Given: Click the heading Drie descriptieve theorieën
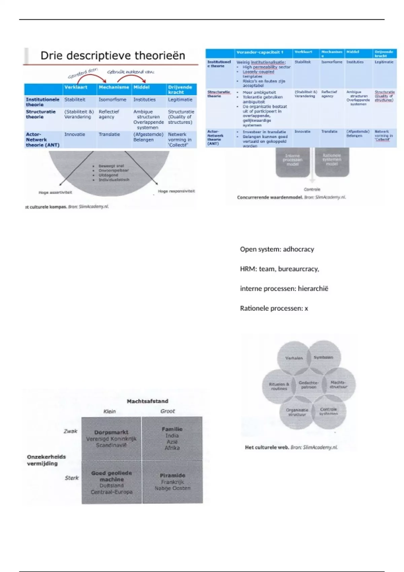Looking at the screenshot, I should coord(113,56).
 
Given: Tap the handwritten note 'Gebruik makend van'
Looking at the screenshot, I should coord(131,72).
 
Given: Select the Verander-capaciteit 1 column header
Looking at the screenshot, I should coord(260,52).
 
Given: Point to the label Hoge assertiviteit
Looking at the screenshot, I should coord(55,192).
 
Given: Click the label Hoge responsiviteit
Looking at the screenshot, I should coord(176,191).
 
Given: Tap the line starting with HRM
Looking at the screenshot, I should coord(279,269).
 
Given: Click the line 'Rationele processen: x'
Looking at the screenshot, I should coord(274,308).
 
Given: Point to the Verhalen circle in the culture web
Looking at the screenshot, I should coord(294,358).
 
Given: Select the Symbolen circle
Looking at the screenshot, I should coord(324,357).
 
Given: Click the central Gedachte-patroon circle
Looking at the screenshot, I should coord(308,385).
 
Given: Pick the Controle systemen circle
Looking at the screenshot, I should coord(328,411).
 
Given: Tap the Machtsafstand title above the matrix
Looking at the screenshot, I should coord(147,401).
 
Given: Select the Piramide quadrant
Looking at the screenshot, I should coord(172,481).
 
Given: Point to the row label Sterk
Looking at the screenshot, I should coord(72,478).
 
